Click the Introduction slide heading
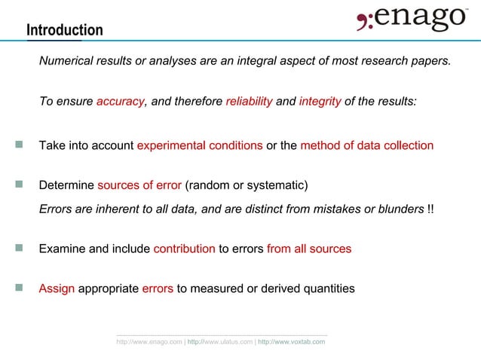pos(64,30)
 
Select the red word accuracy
pos(120,102)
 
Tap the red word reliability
pos(249,102)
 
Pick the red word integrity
pos(320,102)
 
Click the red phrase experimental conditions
pos(200,145)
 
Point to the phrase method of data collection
pos(366,145)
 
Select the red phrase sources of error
pos(139,185)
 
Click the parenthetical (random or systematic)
pos(247,185)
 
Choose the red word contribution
pos(184,249)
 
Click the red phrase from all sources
pos(308,249)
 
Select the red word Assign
pos(57,288)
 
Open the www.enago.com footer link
pos(149,342)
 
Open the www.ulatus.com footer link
pos(220,342)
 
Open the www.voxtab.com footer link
pos(291,342)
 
